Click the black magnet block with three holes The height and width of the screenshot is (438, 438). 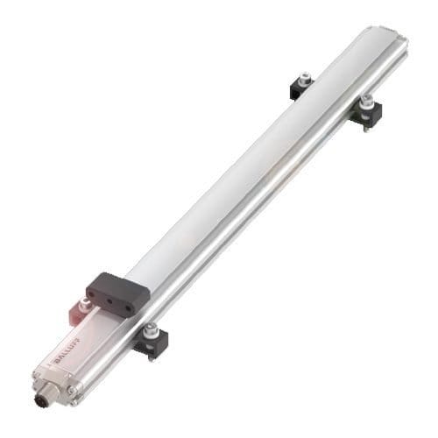[111, 289]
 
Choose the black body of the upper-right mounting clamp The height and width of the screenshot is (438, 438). [368, 112]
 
